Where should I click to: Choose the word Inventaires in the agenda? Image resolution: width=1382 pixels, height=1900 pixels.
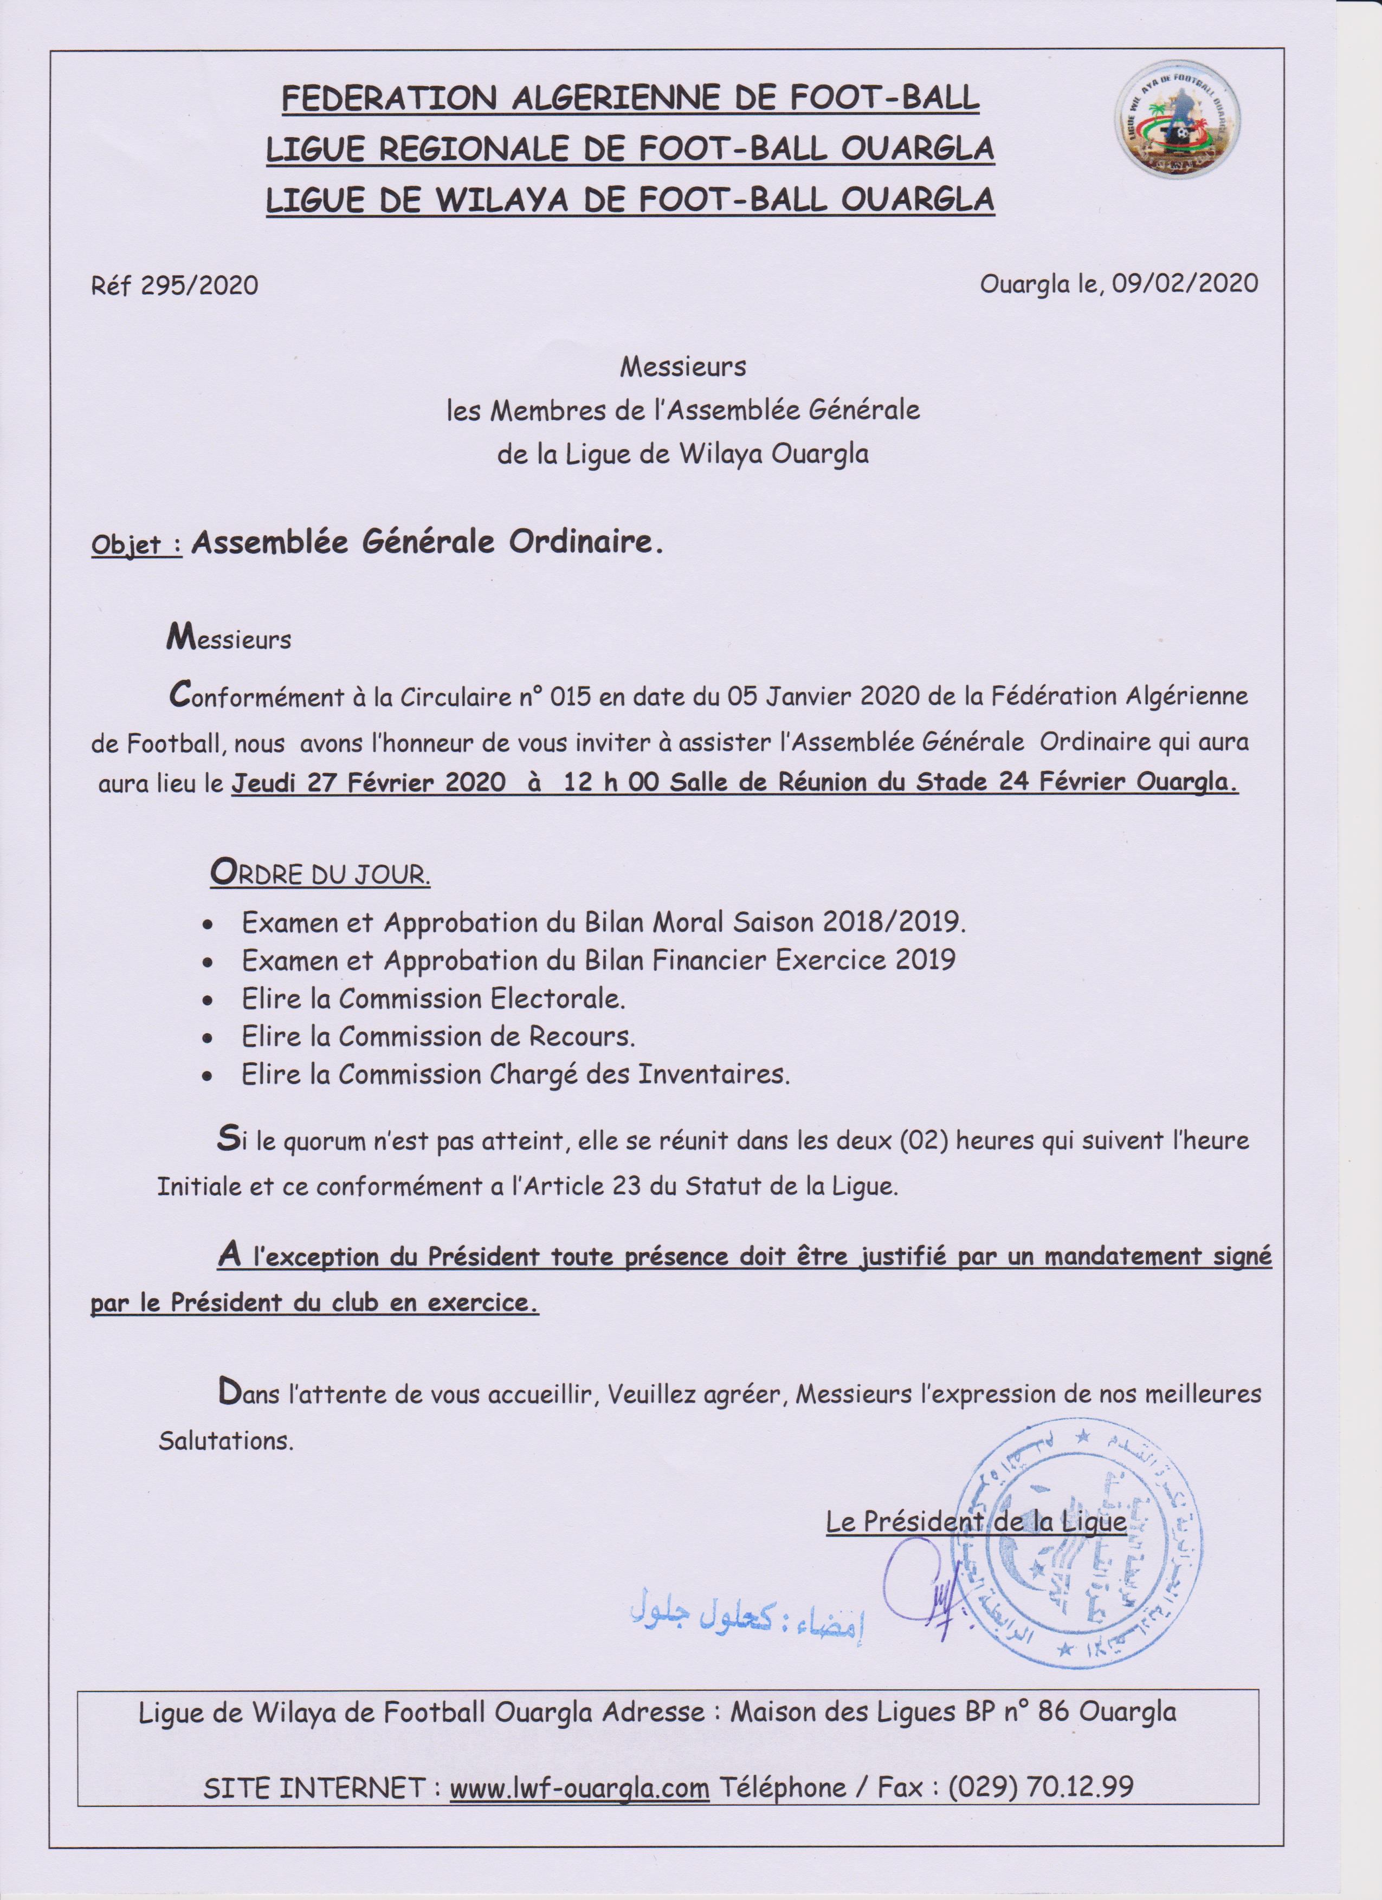pos(714,1075)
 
